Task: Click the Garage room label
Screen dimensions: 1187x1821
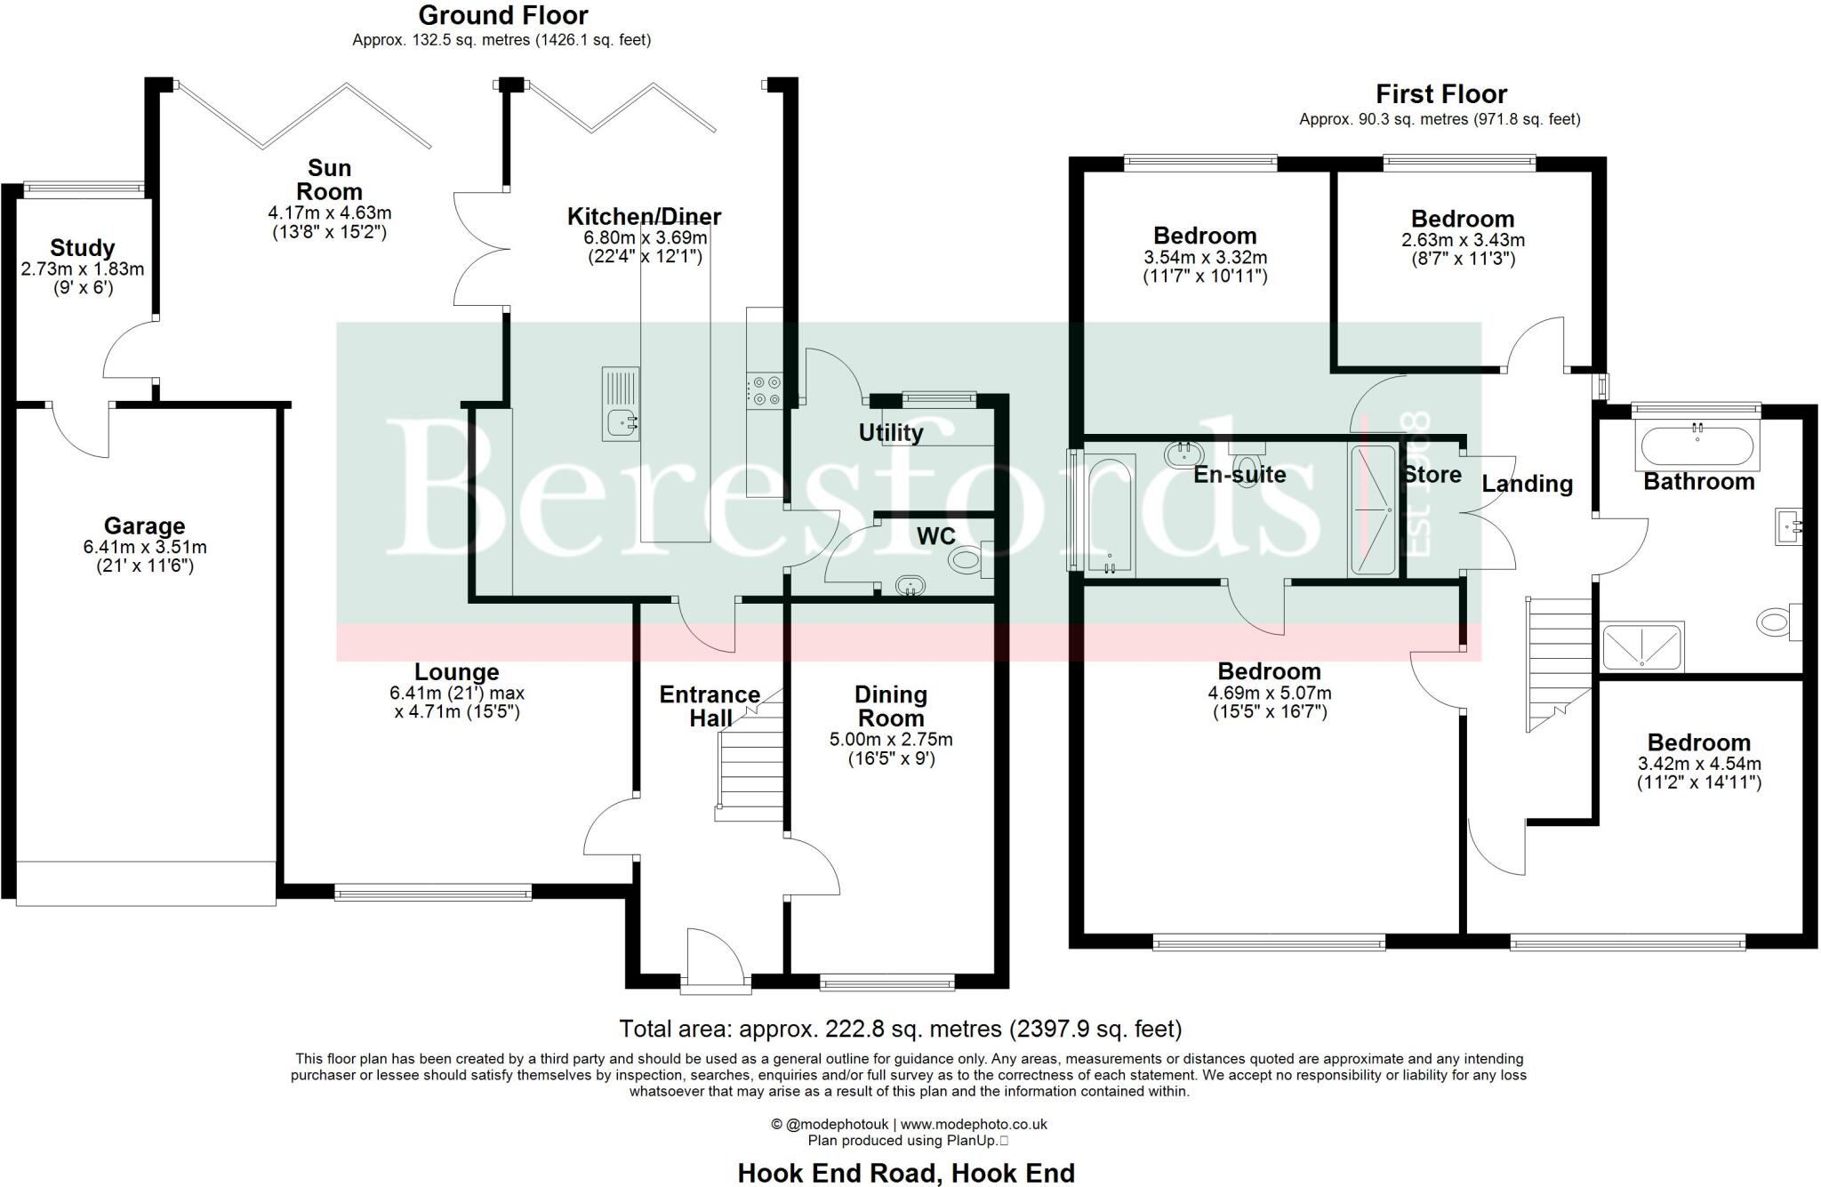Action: pyautogui.click(x=144, y=525)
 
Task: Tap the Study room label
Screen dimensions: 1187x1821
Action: pyautogui.click(x=82, y=247)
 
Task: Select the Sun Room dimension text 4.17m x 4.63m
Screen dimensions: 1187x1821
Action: pyautogui.click(x=329, y=213)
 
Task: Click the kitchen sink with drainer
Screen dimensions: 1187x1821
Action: pyautogui.click(x=621, y=405)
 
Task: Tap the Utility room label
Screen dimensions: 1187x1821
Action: pyautogui.click(x=890, y=433)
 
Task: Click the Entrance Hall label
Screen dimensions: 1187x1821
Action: pyautogui.click(x=710, y=706)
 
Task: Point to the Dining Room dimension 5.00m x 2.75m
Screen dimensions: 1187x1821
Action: pyautogui.click(x=890, y=740)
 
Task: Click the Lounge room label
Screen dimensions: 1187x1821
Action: pyautogui.click(x=457, y=672)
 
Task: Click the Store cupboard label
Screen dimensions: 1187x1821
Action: pyautogui.click(x=1432, y=475)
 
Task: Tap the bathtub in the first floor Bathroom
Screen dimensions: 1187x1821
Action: pyautogui.click(x=1697, y=446)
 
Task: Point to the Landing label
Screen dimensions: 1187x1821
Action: pyautogui.click(x=1527, y=484)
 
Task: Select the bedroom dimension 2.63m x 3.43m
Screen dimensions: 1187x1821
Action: pyautogui.click(x=1463, y=240)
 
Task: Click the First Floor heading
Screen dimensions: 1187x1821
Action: pyautogui.click(x=1440, y=93)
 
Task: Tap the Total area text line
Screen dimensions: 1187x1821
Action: pyautogui.click(x=900, y=1029)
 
